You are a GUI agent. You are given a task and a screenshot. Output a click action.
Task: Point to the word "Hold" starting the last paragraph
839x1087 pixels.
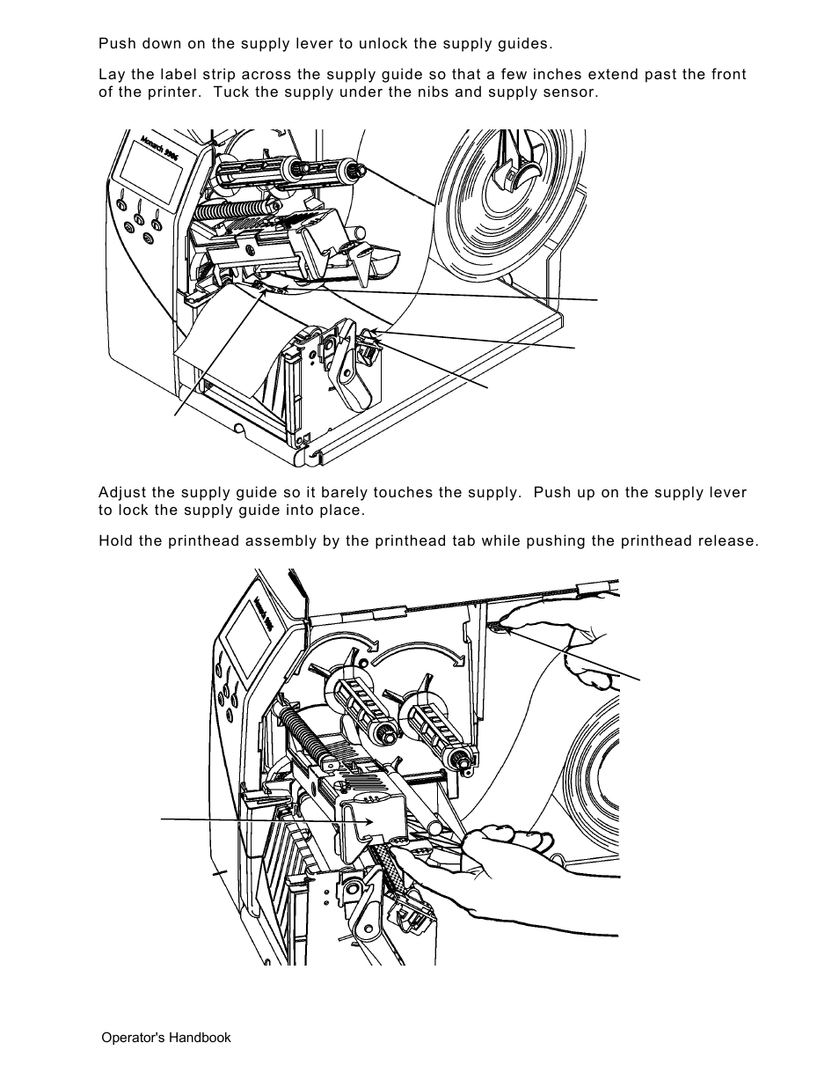[x=115, y=540]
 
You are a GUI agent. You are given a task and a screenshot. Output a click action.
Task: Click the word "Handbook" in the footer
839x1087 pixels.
[x=203, y=1038]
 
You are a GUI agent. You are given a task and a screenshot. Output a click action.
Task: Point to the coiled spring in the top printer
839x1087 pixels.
[x=232, y=209]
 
